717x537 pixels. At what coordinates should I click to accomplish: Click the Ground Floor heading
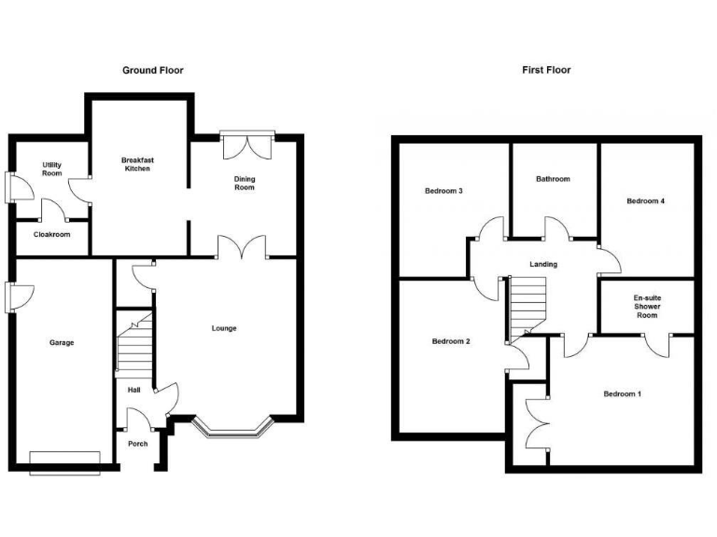click(x=153, y=70)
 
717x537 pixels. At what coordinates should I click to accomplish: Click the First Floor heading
click(x=546, y=70)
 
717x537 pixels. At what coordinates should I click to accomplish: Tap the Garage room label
click(x=62, y=343)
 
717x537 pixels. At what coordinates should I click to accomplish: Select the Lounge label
click(x=224, y=328)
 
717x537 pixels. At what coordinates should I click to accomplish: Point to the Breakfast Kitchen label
click(x=137, y=165)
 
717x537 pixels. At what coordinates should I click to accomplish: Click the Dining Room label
click(x=244, y=182)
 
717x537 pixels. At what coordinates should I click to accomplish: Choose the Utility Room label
click(x=51, y=169)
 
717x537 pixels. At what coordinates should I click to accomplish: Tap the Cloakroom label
click(x=52, y=235)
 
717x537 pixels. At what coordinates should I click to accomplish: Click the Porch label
click(x=137, y=444)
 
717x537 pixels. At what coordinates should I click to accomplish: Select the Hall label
click(x=134, y=391)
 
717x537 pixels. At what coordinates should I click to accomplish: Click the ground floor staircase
click(x=133, y=345)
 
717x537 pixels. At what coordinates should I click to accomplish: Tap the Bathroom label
click(x=553, y=179)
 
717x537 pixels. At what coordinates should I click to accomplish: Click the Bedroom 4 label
click(x=646, y=200)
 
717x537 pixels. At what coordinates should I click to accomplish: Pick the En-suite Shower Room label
click(x=646, y=307)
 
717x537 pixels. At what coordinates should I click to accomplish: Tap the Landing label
click(x=543, y=265)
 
